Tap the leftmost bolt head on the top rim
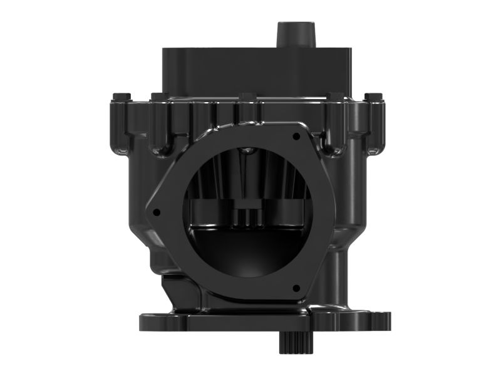pos(120,97)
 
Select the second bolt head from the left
pos(159,97)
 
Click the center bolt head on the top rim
pos(246,97)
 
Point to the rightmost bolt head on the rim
pos(373,97)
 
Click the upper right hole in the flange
pos(296,135)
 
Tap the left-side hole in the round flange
pos(157,212)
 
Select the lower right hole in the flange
pos(296,288)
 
